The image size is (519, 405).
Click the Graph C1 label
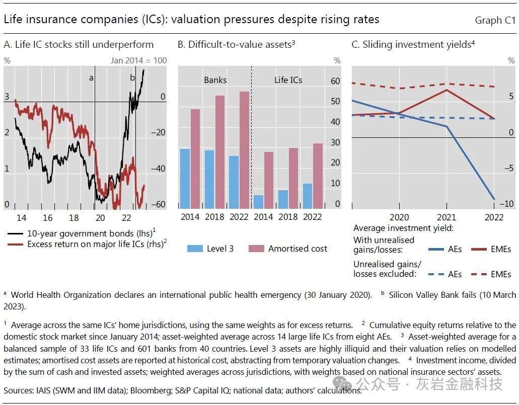click(495, 21)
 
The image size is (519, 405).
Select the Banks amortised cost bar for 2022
click(244, 150)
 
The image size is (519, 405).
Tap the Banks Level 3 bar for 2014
click(185, 179)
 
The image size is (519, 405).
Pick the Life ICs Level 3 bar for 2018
click(283, 199)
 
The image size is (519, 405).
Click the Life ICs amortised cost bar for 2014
click(269, 180)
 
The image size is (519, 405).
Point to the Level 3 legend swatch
click(194, 249)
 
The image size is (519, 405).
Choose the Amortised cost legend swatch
click(256, 249)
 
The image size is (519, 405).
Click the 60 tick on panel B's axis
click(335, 81)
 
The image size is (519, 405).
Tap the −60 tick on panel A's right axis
click(158, 205)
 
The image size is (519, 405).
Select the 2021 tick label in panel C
click(446, 217)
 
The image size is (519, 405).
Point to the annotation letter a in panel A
click(91, 77)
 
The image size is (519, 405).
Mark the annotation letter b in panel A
click(132, 77)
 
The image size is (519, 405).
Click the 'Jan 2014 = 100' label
click(138, 60)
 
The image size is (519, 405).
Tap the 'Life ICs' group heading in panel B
click(288, 80)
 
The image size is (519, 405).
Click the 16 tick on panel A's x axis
click(47, 217)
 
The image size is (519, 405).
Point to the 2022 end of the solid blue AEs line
click(493, 199)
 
